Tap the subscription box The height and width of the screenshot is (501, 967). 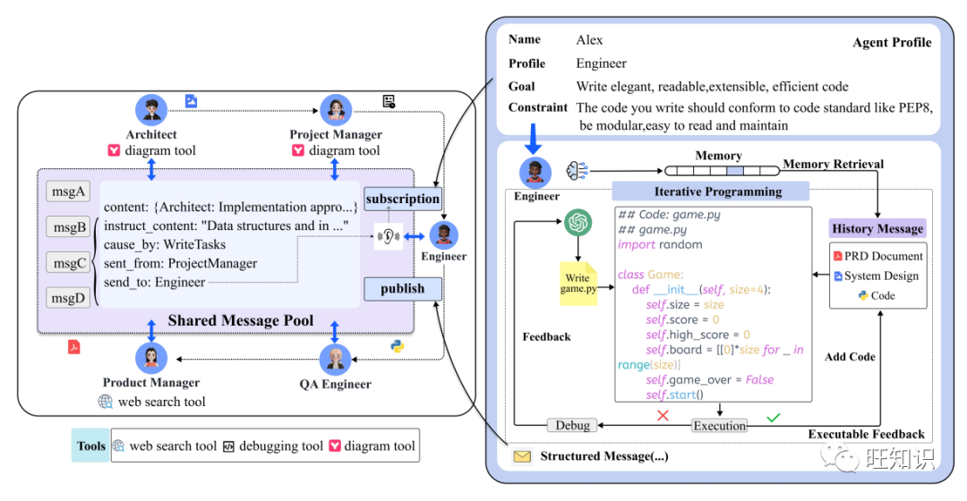coord(402,199)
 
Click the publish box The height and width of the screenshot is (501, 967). coord(402,288)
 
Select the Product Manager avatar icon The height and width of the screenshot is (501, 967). coord(151,358)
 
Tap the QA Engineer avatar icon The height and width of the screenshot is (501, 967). coord(335,359)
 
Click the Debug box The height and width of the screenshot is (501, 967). coord(573,426)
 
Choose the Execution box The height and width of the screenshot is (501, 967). coord(720,426)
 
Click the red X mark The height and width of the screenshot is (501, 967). coord(663,416)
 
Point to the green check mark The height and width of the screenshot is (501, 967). coord(774,416)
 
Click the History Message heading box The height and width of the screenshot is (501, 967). coord(877,228)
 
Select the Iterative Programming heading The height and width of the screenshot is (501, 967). coord(710,191)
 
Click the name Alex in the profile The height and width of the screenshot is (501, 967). coord(589,40)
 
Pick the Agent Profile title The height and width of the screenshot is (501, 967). coord(891,42)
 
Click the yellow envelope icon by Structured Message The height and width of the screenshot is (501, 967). coord(521,457)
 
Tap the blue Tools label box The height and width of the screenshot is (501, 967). coord(90,446)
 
